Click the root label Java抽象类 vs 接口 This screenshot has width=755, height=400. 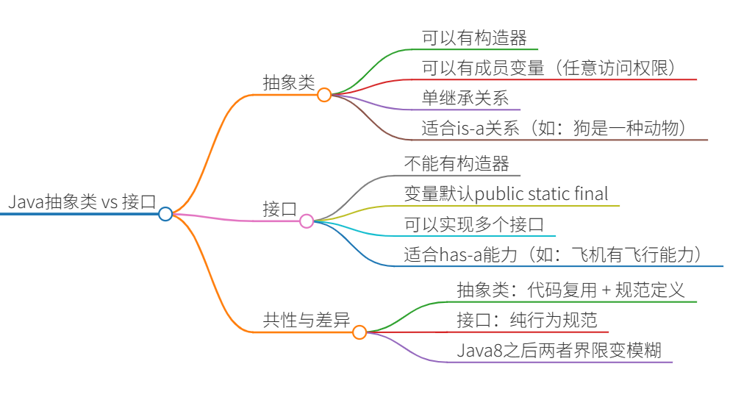82,202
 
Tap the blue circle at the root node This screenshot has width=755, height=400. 165,214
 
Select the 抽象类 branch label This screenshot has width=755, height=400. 289,83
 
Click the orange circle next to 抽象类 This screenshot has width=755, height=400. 324,95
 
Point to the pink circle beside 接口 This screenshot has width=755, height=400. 307,221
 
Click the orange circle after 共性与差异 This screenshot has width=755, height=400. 359,332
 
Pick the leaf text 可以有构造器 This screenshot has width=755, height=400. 474,37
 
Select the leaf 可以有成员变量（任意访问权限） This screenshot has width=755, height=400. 548,68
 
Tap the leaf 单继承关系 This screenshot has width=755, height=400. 465,98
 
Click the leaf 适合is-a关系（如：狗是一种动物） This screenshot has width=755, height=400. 554,128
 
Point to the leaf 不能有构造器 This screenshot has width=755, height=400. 457,163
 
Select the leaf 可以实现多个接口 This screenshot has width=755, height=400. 474,224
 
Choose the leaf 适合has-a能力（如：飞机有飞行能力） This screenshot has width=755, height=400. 554,254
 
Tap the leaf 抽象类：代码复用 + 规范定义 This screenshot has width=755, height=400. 570,290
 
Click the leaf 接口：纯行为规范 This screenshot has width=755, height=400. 527,320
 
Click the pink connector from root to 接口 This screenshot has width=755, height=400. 235,219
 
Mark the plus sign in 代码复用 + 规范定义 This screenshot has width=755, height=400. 606,290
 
